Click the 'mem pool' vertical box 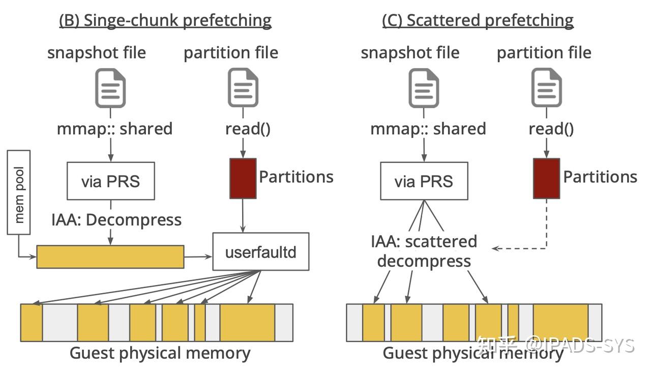tap(19, 192)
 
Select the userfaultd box tap(260, 251)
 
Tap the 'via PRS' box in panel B tap(110, 181)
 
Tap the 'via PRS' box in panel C tap(424, 181)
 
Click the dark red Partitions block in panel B tap(243, 178)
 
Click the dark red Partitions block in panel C tap(546, 178)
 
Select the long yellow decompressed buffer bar tap(110, 256)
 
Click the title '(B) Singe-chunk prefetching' tap(165, 20)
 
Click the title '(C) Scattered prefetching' tap(478, 20)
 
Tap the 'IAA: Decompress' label tap(116, 220)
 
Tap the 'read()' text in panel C tap(551, 129)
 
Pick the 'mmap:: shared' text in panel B tap(115, 129)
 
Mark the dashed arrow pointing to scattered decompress tap(524, 248)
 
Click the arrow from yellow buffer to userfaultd tap(198, 256)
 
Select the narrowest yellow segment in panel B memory tap(200, 323)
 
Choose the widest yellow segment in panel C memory tap(560, 323)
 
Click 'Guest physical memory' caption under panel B tap(160, 353)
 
